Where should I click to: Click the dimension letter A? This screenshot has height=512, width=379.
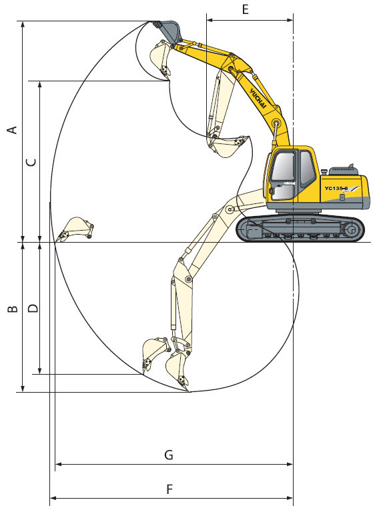pyautogui.click(x=13, y=129)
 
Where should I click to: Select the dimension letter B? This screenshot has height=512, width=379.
pyautogui.click(x=13, y=309)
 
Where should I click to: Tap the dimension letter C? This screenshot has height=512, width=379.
pyautogui.click(x=31, y=162)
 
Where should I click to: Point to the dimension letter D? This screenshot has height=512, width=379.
pyautogui.click(x=33, y=308)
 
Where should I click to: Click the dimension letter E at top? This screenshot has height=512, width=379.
pyautogui.click(x=246, y=9)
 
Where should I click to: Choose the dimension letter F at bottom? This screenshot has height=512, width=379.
pyautogui.click(x=169, y=489)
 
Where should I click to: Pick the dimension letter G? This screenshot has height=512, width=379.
pyautogui.click(x=169, y=455)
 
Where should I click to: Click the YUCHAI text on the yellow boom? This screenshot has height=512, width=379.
pyautogui.click(x=258, y=98)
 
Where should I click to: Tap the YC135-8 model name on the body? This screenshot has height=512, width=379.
pyautogui.click(x=336, y=188)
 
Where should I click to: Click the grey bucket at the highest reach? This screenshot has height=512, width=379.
pyautogui.click(x=168, y=31)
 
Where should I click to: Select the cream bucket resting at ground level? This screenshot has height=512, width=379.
pyautogui.click(x=75, y=229)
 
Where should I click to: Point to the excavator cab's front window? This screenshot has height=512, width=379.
pyautogui.click(x=282, y=166)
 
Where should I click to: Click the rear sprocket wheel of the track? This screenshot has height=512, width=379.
pyautogui.click(x=352, y=229)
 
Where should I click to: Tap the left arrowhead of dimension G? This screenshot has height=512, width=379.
pyautogui.click(x=59, y=464)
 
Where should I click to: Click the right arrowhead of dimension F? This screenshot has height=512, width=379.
pyautogui.click(x=289, y=498)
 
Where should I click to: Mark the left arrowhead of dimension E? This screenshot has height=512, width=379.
pyautogui.click(x=210, y=20)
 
